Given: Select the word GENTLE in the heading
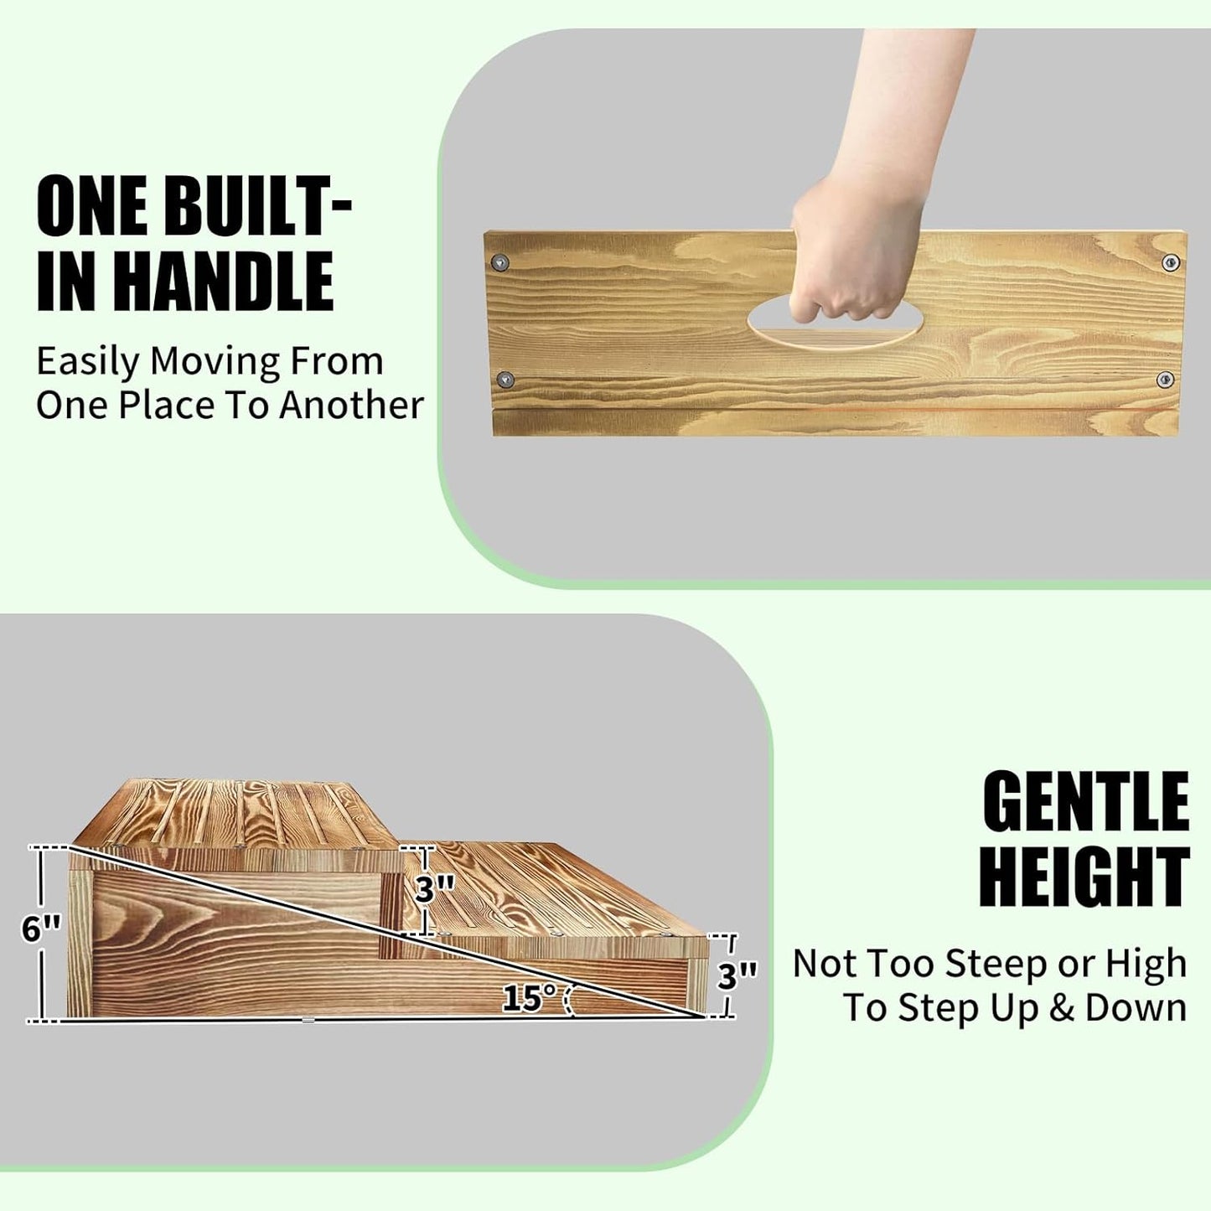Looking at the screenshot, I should click(1085, 801).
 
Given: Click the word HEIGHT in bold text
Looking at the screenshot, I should click(1084, 877).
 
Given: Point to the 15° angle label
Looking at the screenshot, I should click(530, 997).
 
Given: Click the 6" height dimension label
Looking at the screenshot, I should click(42, 928).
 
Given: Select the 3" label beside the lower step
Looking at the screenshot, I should click(737, 976).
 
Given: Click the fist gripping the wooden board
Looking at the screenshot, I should click(846, 260).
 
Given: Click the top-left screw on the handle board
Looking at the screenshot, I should click(501, 262).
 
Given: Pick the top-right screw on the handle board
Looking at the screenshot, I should click(1171, 262).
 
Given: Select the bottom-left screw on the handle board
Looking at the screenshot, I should click(505, 380).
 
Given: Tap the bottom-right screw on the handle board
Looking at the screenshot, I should click(1165, 380).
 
